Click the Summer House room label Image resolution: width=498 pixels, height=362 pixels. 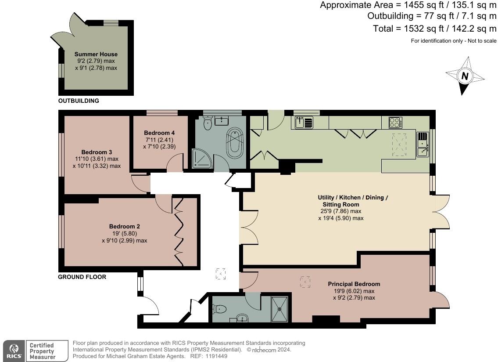[96, 54]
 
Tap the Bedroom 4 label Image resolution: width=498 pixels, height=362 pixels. [159, 133]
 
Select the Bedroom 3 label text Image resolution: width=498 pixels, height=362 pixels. [97, 152]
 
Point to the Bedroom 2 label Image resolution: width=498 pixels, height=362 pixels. [125, 227]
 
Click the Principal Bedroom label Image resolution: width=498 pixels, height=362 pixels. [354, 284]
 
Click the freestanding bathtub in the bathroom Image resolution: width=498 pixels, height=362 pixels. [234, 143]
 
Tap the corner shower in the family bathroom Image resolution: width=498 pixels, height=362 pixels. [201, 159]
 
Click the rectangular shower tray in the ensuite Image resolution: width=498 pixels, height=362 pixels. [279, 309]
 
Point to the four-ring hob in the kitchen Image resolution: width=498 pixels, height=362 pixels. [396, 123]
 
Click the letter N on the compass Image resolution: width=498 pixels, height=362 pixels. [465, 76]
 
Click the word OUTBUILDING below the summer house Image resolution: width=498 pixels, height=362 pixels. [79, 101]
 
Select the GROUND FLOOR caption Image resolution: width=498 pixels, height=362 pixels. [82, 277]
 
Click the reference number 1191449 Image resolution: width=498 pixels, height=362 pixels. [216, 356]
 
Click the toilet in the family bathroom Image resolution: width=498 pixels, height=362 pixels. [208, 123]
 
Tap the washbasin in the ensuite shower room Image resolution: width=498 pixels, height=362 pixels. [242, 318]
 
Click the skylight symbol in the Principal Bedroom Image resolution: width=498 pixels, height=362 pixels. [305, 282]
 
